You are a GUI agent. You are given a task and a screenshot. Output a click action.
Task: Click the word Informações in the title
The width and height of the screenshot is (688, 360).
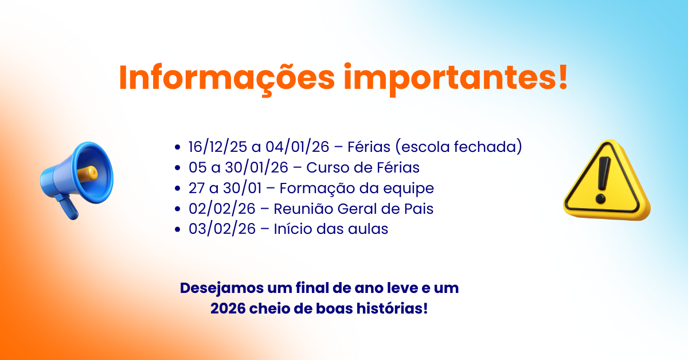(226, 79)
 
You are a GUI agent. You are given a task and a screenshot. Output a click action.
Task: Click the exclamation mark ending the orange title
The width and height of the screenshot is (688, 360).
(563, 76)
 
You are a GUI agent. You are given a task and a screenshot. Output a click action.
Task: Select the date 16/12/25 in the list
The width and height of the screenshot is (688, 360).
(217, 147)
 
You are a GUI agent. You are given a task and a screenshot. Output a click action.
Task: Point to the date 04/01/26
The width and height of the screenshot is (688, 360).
(298, 147)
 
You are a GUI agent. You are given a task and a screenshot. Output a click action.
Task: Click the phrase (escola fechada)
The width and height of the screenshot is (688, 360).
(459, 147)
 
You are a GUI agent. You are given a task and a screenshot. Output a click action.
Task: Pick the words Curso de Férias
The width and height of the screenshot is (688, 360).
(363, 167)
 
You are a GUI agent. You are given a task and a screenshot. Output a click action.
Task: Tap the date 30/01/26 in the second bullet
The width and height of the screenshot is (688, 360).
(257, 167)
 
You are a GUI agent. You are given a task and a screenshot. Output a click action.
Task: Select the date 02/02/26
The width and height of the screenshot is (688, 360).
(222, 209)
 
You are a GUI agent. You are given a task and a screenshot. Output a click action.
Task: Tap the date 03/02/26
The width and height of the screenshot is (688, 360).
(222, 229)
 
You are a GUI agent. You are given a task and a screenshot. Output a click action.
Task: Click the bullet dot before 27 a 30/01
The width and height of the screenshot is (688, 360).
(177, 188)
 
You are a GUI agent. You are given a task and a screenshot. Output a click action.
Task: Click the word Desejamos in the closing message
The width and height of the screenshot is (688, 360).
(222, 289)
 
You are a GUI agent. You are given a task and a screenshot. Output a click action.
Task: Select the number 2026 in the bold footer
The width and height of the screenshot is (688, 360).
(228, 309)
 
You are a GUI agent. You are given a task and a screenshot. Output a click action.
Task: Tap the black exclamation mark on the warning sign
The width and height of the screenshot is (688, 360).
(603, 179)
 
